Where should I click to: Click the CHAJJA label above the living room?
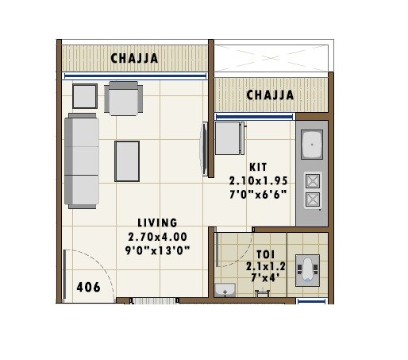pyautogui.click(x=134, y=58)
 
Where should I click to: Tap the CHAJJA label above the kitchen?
pyautogui.click(x=270, y=95)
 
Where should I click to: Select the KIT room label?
pyautogui.click(x=258, y=167)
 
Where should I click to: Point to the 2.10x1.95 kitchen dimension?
pyautogui.click(x=258, y=180)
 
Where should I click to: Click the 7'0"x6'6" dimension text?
pyautogui.click(x=258, y=193)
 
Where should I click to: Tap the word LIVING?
pyautogui.click(x=156, y=223)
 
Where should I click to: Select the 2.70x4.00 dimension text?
pyautogui.click(x=156, y=237)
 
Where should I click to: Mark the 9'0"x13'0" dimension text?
pyautogui.click(x=156, y=250)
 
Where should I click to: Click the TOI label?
pyautogui.click(x=266, y=254)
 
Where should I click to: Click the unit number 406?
pyautogui.click(x=89, y=288)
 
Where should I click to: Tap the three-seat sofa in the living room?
pyautogui.click(x=82, y=161)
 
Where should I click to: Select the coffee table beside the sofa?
pyautogui.click(x=127, y=161)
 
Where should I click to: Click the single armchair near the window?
pyautogui.click(x=125, y=98)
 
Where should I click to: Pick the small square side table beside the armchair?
pyautogui.click(x=85, y=96)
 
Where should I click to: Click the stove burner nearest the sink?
pyautogui.click(x=313, y=180)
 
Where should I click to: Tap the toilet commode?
pyautogui.click(x=309, y=269)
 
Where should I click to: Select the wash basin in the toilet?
pyautogui.click(x=225, y=291)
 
